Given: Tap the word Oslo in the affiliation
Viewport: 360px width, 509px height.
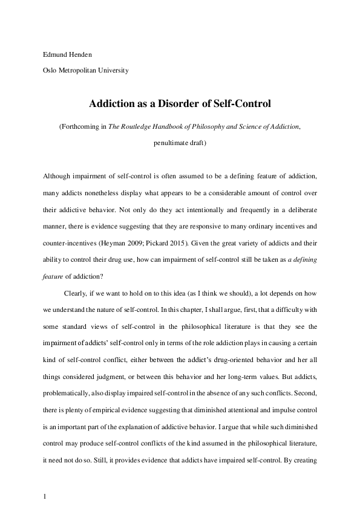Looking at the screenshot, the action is click(50, 71).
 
